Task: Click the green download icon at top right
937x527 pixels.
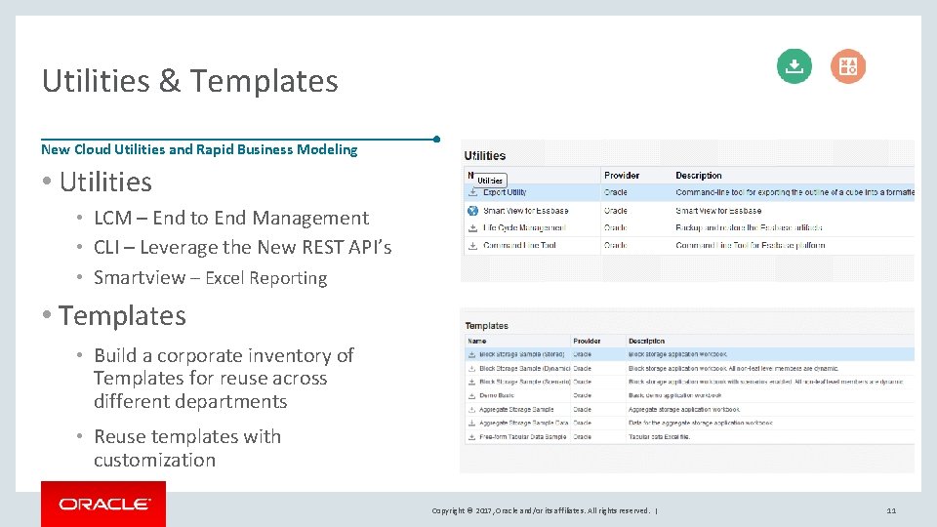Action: coord(794,66)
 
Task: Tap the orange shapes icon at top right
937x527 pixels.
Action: coord(847,66)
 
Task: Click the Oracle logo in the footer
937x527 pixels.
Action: coord(103,504)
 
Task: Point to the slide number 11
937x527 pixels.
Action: coord(891,510)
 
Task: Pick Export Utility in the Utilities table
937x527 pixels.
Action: coord(505,192)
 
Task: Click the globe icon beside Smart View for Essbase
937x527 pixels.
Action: coord(472,210)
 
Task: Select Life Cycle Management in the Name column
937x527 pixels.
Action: coord(524,227)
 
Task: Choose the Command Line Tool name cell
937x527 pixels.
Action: coord(519,245)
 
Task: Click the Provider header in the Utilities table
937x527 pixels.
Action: coord(622,176)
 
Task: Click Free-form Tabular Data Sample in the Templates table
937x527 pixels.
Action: coord(523,436)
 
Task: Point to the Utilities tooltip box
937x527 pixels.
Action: coord(490,181)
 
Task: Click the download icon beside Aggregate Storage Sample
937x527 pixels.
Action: coord(472,409)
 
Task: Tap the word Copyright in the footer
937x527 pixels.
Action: coord(450,510)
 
